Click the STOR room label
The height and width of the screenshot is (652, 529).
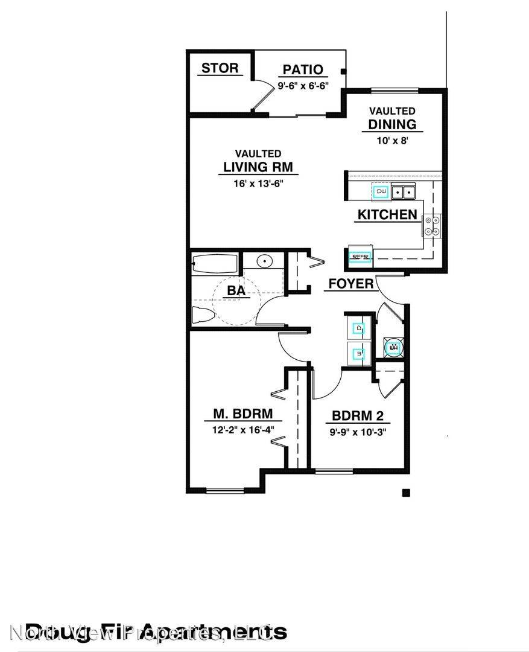pos(220,68)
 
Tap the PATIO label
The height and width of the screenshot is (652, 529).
pos(303,71)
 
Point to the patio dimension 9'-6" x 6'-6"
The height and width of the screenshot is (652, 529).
pos(303,86)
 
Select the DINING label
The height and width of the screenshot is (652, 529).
pos(392,124)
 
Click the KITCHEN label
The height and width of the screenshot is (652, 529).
pos(387,214)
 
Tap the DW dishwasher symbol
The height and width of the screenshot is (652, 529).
pos(381,192)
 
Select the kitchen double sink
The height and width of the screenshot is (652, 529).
pos(404,192)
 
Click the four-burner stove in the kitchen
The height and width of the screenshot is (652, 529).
pos(432,225)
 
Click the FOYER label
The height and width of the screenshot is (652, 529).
pos(351,283)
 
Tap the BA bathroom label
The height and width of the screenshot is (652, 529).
pos(236,291)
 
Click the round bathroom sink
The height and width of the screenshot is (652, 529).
pos(265,261)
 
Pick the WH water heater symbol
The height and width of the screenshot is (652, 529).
pos(394,348)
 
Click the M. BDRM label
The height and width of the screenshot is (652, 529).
pos(243,414)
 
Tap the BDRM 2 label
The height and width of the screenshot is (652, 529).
pos(358,416)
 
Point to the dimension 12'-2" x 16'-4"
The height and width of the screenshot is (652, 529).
pos(243,430)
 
